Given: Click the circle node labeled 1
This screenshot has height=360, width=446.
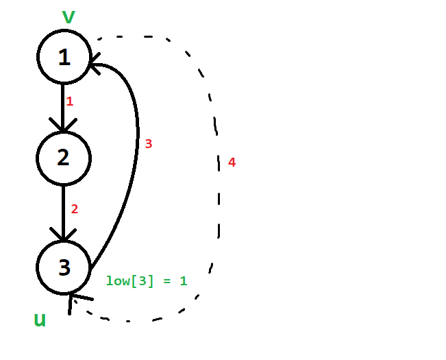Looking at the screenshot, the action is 64,57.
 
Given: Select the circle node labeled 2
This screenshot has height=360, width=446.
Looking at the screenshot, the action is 64,158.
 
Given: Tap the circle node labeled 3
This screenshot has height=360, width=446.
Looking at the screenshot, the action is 64,267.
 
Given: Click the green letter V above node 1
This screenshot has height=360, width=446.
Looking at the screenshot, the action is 69,16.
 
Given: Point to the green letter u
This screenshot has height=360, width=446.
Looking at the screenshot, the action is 40,320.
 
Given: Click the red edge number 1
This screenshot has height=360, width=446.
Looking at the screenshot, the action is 70,101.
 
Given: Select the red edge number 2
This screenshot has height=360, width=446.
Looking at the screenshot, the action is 74,209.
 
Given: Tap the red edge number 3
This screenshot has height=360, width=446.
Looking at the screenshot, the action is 149,144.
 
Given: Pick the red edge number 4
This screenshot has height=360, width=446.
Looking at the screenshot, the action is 232,163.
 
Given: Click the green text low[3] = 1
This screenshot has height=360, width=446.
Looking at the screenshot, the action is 147,281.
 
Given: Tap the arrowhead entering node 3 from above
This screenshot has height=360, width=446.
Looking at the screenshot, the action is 63,235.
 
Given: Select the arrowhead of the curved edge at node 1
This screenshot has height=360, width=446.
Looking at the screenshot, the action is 95,64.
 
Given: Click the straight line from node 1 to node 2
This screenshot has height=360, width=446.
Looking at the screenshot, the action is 63,108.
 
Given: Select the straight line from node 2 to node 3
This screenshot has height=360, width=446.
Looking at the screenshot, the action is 63,213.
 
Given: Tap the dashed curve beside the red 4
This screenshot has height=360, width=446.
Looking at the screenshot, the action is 219,176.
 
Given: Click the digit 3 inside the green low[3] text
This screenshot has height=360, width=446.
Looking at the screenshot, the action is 143,280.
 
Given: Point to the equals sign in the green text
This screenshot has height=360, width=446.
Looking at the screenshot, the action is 167,281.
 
